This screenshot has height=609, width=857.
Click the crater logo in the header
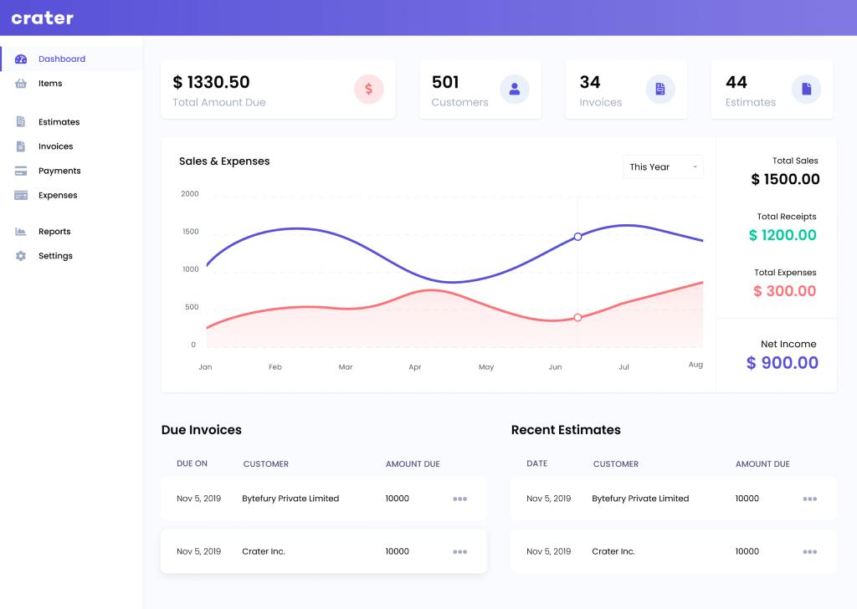point(43,18)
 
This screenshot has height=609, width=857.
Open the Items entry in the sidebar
point(50,84)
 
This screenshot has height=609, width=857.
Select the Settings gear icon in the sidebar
point(21,256)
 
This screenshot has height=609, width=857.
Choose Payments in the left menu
point(59,171)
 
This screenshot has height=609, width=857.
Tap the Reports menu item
point(54,232)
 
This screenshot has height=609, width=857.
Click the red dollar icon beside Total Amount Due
point(368,89)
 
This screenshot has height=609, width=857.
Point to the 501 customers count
point(445,82)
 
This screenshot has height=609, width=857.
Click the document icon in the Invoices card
point(660,89)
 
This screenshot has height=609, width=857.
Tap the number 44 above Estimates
point(736,82)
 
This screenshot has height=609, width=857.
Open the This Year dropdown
point(663,166)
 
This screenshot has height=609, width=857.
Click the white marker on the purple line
point(577,237)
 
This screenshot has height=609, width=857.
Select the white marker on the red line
point(577,318)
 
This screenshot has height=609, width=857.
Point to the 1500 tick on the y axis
point(190,232)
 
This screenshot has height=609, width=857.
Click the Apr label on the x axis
point(415,367)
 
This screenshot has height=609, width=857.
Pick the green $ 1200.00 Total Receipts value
point(783,235)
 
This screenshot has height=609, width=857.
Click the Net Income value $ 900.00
point(783,363)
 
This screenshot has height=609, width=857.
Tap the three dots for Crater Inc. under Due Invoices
point(459,552)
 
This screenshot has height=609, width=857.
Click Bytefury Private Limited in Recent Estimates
point(640,499)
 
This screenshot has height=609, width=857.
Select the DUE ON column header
point(192,464)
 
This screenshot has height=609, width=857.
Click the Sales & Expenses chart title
point(224,161)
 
